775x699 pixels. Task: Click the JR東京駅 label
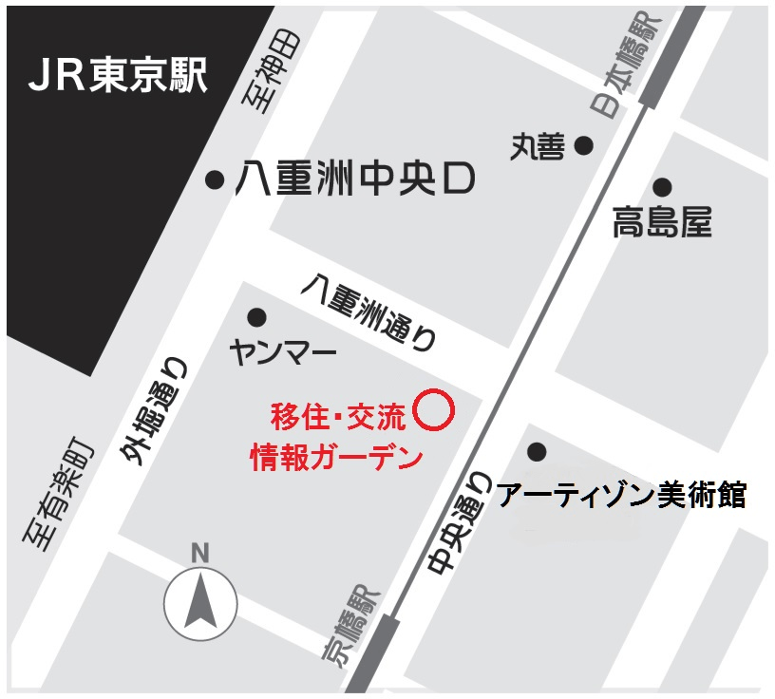tap(117, 77)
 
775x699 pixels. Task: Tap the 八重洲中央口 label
tap(354, 179)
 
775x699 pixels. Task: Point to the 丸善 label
tap(538, 146)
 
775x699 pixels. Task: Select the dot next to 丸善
tap(584, 145)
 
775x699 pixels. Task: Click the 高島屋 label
tap(662, 224)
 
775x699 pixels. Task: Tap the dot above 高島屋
tap(662, 187)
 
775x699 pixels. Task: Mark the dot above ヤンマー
tap(255, 317)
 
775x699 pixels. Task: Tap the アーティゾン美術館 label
tap(622, 494)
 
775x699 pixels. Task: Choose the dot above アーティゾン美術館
tap(538, 450)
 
